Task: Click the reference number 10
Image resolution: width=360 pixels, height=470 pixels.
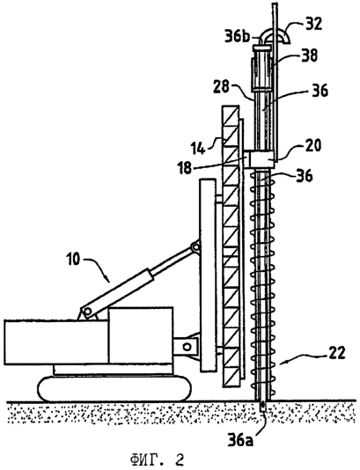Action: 72,260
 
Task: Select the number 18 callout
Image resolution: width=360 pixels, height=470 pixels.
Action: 185,168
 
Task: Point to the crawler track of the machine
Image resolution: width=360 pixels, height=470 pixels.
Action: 114,388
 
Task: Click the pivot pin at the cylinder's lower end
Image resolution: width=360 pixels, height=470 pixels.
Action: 87,312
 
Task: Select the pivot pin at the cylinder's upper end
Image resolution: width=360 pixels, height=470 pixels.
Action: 195,247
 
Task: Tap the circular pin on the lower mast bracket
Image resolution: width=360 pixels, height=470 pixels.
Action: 187,347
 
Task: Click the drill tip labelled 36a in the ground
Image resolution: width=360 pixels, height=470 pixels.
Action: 263,406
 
